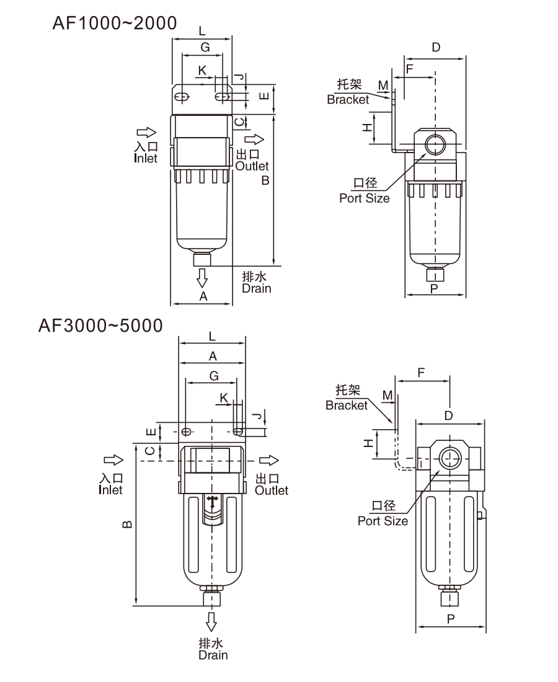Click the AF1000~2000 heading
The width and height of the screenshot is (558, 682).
click(x=114, y=23)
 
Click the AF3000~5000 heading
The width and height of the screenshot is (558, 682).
click(x=100, y=325)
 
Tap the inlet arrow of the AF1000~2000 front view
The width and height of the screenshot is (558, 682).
click(x=146, y=132)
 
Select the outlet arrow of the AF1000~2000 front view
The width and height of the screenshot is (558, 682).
click(x=254, y=139)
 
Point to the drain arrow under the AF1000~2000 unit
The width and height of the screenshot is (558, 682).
click(x=201, y=278)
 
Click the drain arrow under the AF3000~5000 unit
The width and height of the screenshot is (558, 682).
click(x=211, y=621)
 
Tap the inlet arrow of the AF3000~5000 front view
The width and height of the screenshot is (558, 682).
click(x=113, y=460)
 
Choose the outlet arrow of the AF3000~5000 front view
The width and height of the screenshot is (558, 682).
click(x=269, y=460)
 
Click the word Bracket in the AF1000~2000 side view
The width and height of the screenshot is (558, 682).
click(x=347, y=100)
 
